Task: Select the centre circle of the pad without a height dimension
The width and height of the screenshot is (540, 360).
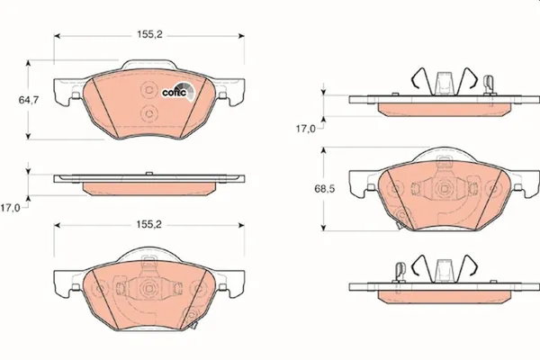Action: pyautogui.click(x=149, y=289)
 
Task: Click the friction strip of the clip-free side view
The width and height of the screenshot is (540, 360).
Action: pyautogui.click(x=149, y=188)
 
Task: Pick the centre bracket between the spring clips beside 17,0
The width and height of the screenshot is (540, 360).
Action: pyautogui.click(x=442, y=82)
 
